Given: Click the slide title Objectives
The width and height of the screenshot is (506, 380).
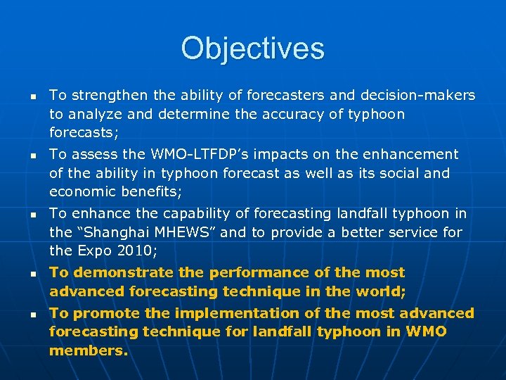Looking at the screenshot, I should (252, 49).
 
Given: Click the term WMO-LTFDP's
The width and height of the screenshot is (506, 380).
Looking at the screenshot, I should (205, 154).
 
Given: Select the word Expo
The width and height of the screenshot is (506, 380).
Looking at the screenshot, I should (91, 250).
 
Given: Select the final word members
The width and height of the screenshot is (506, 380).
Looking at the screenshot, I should (89, 350).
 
